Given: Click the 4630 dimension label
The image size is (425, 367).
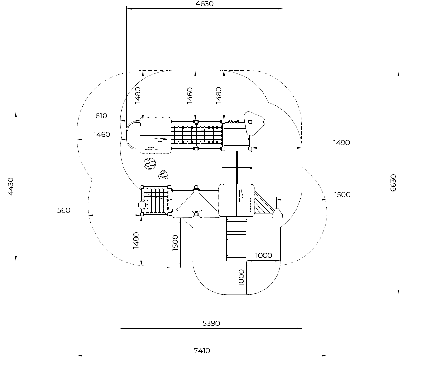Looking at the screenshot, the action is pyautogui.click(x=204, y=4).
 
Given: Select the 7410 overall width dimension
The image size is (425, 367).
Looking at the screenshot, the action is pyautogui.click(x=202, y=350).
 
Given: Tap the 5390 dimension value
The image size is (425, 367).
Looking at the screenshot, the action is pyautogui.click(x=211, y=323).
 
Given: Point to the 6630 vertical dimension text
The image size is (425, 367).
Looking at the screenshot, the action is pyautogui.click(x=393, y=183).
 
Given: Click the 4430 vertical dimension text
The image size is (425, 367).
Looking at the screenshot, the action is pyautogui.click(x=11, y=186).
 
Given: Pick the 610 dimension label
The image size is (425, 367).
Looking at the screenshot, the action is pyautogui.click(x=101, y=116).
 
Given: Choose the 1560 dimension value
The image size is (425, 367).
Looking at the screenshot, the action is pyautogui.click(x=62, y=210).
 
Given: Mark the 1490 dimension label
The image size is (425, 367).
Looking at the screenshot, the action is pyautogui.click(x=341, y=143).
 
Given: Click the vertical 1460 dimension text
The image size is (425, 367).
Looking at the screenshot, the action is pyautogui.click(x=190, y=96).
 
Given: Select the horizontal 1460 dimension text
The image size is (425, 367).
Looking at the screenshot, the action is pyautogui.click(x=102, y=135).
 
